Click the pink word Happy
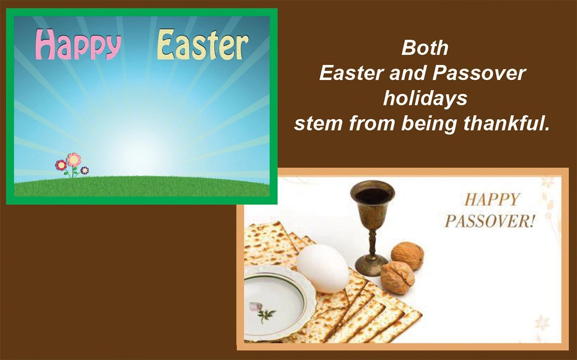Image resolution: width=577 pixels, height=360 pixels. (78, 44)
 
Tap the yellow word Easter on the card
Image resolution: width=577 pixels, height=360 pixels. (202, 44)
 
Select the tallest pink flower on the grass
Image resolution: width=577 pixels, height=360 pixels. (74, 159)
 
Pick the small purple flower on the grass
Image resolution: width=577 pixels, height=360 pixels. (85, 170)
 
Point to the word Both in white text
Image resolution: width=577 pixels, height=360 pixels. (425, 48)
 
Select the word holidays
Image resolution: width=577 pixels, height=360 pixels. (425, 99)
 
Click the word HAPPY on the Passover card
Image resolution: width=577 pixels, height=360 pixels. (492, 199)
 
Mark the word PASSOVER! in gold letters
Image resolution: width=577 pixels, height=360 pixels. (489, 222)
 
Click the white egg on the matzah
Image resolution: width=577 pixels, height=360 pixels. (322, 268)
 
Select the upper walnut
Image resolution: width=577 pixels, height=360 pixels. (407, 256)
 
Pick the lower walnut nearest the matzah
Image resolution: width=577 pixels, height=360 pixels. (397, 277)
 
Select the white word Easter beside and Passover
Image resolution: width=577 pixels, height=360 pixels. (350, 74)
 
